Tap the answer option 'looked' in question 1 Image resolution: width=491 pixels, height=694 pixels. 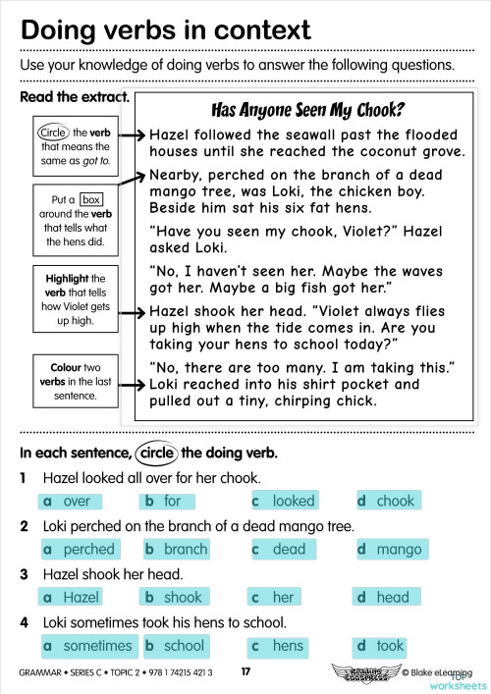(x=294, y=501)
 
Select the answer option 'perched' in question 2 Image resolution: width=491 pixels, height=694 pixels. (x=88, y=549)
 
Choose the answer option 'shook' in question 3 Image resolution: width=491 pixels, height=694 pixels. (x=182, y=597)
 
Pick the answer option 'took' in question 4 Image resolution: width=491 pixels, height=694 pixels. (x=390, y=645)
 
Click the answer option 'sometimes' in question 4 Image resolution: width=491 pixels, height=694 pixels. (x=96, y=645)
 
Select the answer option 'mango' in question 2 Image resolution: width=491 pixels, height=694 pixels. (x=399, y=549)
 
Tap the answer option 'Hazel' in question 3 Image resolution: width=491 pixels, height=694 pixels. (x=81, y=597)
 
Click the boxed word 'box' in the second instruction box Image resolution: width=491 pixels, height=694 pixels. (x=92, y=199)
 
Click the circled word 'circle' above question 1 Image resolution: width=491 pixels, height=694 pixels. (x=157, y=454)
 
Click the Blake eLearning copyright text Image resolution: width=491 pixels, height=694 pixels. (x=442, y=673)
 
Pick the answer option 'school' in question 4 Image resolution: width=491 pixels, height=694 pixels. (x=184, y=645)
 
